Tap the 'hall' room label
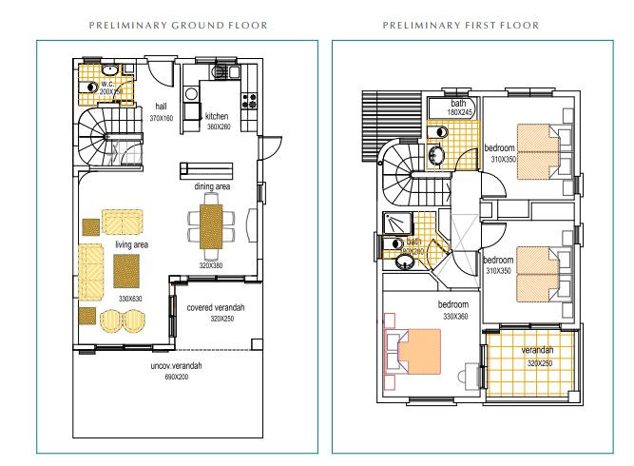point(161,106)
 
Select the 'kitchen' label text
point(218,115)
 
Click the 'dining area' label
point(212,187)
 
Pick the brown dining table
point(209,226)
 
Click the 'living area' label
point(131,244)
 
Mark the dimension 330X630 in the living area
point(131,299)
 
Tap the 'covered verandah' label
point(216,308)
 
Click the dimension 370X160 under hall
point(161,118)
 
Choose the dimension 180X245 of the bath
point(460,112)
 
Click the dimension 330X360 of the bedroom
point(454,316)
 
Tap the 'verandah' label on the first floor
point(537,351)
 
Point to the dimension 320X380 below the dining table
point(212,265)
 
